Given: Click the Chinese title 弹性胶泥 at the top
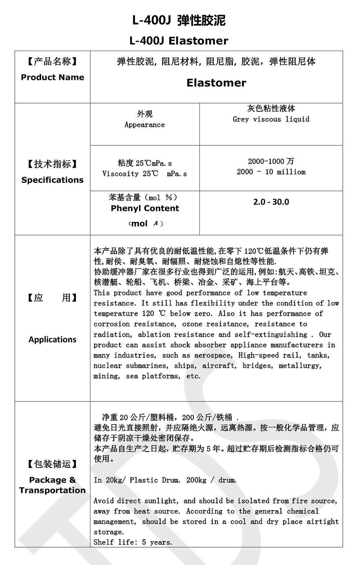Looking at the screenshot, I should (202, 21).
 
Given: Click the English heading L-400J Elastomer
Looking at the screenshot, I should (179, 41).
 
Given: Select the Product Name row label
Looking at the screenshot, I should (53, 77).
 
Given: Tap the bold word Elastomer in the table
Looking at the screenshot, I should (216, 83).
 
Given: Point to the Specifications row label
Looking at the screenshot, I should (53, 180).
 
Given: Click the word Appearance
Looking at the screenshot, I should (145, 125).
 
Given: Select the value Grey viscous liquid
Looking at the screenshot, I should (271, 119).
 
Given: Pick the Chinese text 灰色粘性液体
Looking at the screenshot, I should (271, 108).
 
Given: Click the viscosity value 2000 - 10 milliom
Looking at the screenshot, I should (271, 172).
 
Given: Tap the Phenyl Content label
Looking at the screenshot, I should (145, 208).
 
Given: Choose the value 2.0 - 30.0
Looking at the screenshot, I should (271, 202).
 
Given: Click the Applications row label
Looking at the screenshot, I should (53, 340).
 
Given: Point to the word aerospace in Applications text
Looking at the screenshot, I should (213, 355).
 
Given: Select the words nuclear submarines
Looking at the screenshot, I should (130, 366).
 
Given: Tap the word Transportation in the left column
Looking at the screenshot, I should (53, 490).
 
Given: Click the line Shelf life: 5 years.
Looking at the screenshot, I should (133, 542).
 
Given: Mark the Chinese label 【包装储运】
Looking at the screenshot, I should (53, 464).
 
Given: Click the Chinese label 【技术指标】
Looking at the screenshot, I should (53, 164).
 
